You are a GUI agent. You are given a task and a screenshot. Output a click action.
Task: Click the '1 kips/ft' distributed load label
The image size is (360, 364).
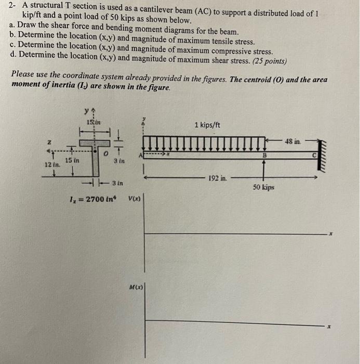pos(207,125)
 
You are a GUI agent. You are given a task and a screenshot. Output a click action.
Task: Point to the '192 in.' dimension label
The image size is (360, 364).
pos(217,178)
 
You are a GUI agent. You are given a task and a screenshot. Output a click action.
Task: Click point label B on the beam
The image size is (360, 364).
pos(263,154)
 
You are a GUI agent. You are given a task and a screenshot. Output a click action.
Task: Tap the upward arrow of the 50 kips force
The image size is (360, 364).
pos(263,168)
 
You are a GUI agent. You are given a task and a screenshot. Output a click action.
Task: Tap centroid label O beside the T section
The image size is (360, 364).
pos(104,154)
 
